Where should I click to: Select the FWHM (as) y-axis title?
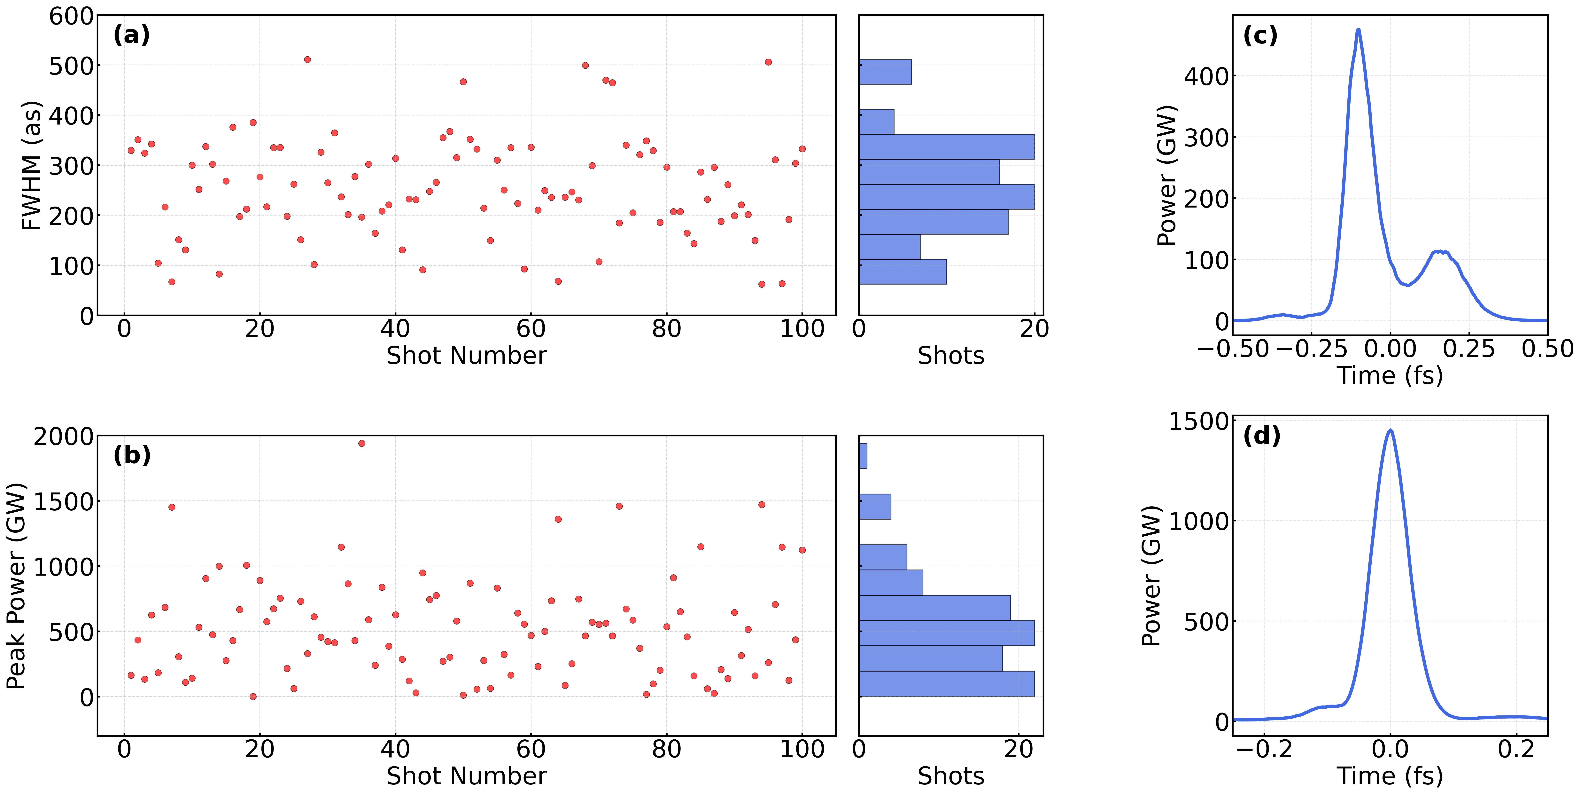[x=31, y=166]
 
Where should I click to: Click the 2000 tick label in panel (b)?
[x=64, y=437]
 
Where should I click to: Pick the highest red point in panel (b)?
[x=361, y=443]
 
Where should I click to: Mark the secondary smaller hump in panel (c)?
[x=1439, y=252]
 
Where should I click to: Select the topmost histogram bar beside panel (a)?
[x=885, y=72]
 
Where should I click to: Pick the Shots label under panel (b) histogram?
[x=951, y=776]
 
